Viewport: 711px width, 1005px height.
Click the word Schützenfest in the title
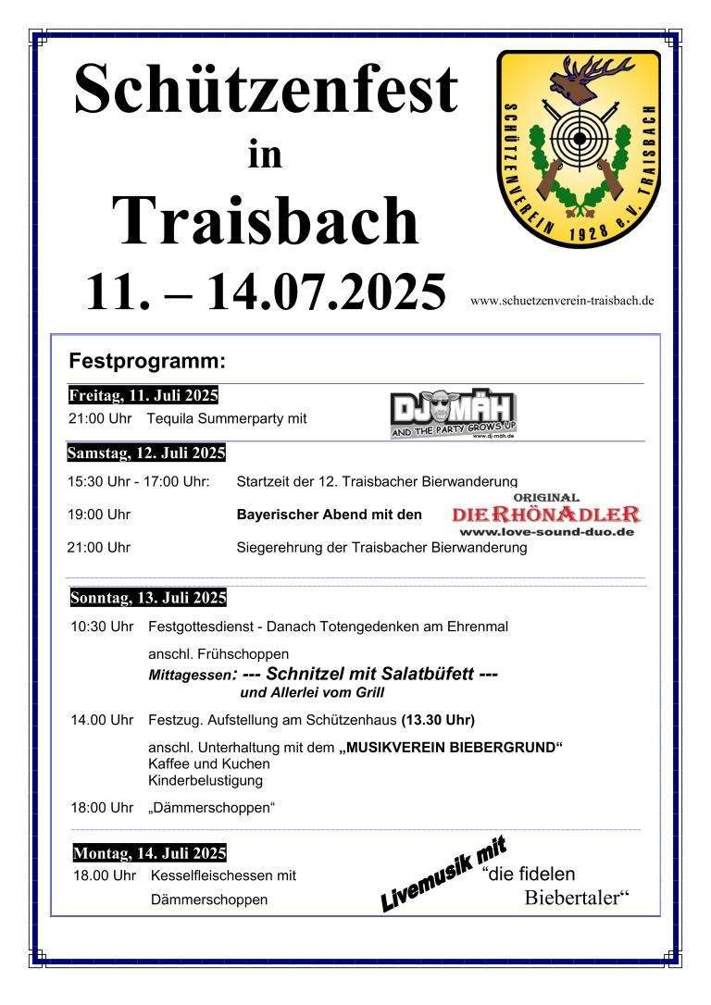click(x=266, y=90)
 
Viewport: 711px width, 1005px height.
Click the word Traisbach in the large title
click(x=266, y=220)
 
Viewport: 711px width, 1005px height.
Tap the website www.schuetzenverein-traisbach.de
click(x=562, y=300)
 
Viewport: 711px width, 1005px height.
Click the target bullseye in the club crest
click(x=580, y=140)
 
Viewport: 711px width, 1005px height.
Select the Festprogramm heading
click(x=147, y=359)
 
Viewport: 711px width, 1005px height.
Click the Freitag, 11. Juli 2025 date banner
click(x=143, y=395)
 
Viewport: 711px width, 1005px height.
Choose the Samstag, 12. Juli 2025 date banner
click(x=146, y=453)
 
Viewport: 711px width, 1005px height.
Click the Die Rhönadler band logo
click(x=546, y=514)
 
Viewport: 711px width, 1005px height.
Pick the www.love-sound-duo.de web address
click(x=546, y=533)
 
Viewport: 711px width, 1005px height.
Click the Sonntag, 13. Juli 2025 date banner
click(x=148, y=597)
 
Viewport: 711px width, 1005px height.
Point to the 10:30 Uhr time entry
click(x=102, y=627)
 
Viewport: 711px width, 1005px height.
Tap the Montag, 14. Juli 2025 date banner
click(x=149, y=852)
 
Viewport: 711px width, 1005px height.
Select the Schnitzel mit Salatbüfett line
click(x=370, y=675)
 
